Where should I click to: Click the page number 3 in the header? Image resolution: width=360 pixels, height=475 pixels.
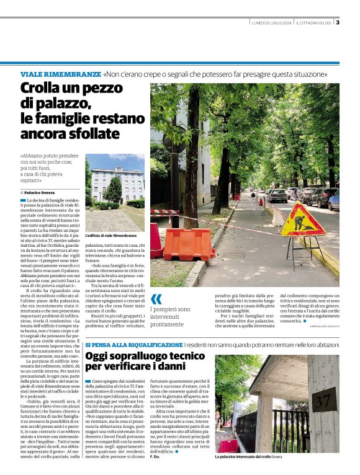[338, 24]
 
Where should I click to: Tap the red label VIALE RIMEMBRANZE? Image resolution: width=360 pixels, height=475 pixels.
[60, 74]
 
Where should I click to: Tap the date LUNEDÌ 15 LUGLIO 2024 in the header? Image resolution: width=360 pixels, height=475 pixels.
[272, 24]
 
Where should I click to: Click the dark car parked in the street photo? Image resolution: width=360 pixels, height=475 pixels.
[277, 196]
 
